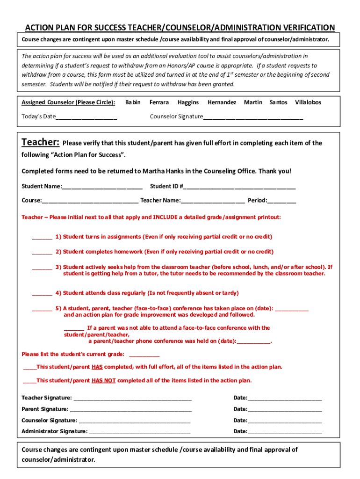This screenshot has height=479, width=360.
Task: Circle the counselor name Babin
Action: pyautogui.click(x=133, y=102)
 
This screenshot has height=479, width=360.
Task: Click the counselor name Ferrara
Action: pyautogui.click(x=159, y=102)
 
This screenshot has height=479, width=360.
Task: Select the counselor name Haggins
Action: pyautogui.click(x=188, y=102)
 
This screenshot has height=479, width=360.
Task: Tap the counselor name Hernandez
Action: pyautogui.click(x=222, y=102)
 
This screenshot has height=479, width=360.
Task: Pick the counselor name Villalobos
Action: pyautogui.click(x=308, y=102)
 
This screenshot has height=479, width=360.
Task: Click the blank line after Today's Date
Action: pyautogui.click(x=86, y=117)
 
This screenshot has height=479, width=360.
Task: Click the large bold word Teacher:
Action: pyautogui.click(x=41, y=142)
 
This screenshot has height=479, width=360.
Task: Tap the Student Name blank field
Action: pyautogui.click(x=102, y=187)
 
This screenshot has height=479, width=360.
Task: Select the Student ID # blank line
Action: pyautogui.click(x=239, y=187)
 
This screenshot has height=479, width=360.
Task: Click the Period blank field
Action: pyautogui.click(x=282, y=201)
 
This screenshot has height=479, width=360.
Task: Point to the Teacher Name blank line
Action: pyautogui.click(x=213, y=201)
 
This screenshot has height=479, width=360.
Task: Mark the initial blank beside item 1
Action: pyautogui.click(x=42, y=238)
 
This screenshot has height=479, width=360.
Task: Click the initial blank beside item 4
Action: pyautogui.click(x=42, y=294)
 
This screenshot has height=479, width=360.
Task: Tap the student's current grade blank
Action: pyautogui.click(x=144, y=355)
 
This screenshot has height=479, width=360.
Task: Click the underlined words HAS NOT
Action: pyautogui.click(x=103, y=381)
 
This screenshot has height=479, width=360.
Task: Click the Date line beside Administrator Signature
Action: pyautogui.click(x=284, y=432)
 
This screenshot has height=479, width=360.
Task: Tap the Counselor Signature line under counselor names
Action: pyautogui.click(x=253, y=117)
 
